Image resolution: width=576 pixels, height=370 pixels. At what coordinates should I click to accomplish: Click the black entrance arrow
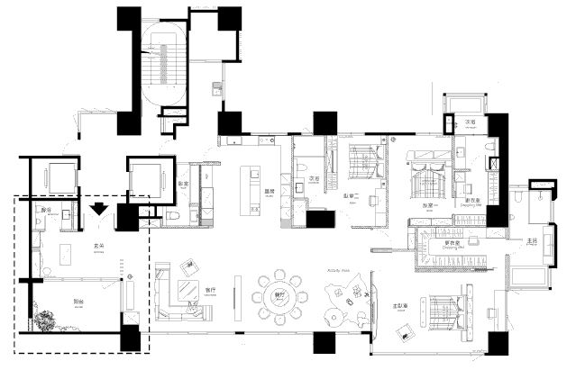click(x=99, y=210)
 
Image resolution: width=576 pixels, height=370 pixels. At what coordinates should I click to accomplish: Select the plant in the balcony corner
click(x=46, y=320)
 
